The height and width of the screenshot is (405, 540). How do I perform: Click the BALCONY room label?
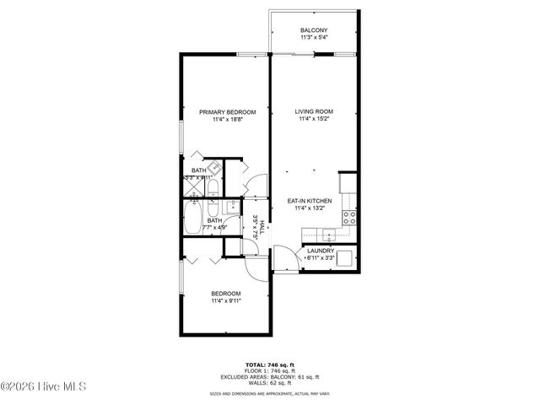pos(314,30)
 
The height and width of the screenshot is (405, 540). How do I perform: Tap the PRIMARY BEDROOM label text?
pos(227,111)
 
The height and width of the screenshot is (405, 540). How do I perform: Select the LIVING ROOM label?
pos(314,111)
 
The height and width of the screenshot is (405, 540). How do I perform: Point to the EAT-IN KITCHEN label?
pos(309,201)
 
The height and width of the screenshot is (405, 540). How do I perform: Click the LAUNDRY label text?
pos(321,251)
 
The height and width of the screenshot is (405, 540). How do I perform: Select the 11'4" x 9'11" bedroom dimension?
pos(226,301)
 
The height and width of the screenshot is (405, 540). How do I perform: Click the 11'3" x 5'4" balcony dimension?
pos(314,38)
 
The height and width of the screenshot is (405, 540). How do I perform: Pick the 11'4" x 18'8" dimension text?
pos(227,120)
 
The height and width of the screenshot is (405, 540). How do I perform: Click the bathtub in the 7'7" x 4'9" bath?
pos(192,222)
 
